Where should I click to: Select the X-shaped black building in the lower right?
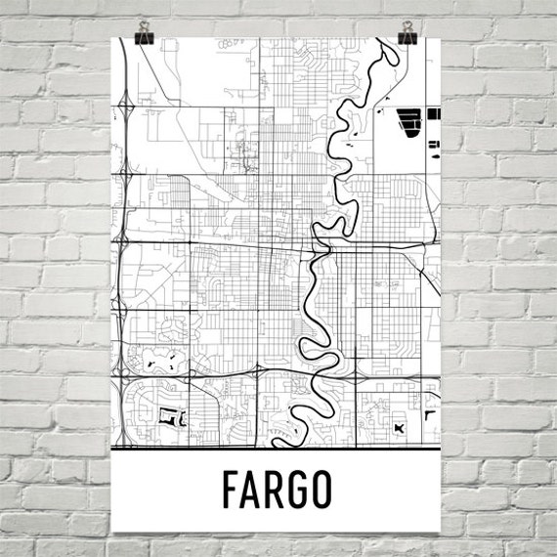[398, 427]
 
